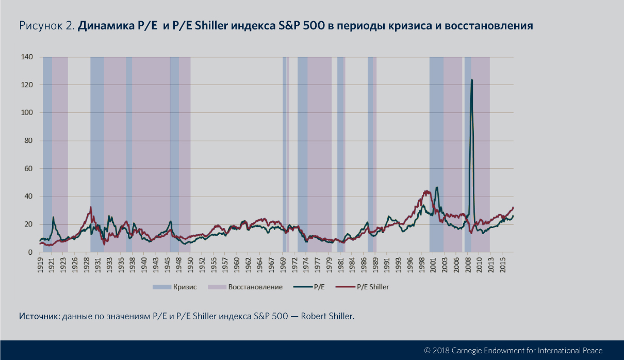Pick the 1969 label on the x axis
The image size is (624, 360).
click(283, 263)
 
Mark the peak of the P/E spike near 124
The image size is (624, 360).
click(472, 80)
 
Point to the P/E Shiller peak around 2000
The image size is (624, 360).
click(426, 191)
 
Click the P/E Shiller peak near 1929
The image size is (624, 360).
click(91, 207)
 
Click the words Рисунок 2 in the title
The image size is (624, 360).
click(46, 26)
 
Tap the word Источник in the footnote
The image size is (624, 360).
click(39, 316)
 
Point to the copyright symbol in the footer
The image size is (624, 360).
click(427, 350)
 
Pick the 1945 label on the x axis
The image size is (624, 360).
click(169, 263)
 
